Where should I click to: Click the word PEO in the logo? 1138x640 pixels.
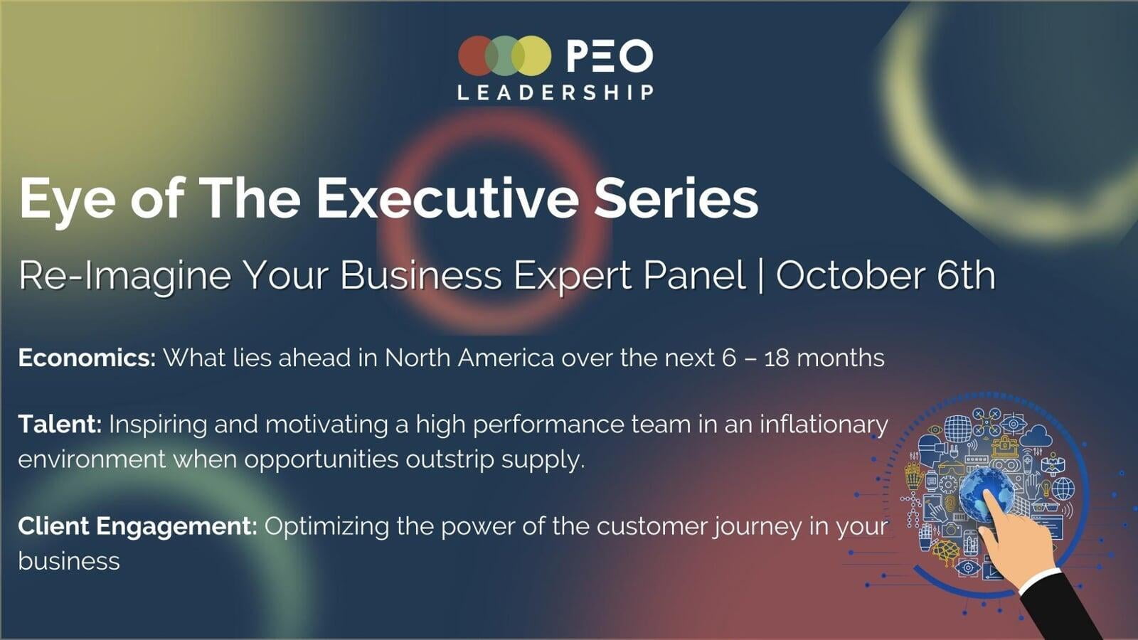coord(610,56)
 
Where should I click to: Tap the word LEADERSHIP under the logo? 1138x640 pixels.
coord(555,92)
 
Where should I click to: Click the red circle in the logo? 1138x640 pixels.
coord(475,55)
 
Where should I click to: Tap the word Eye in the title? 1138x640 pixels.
coord(67,199)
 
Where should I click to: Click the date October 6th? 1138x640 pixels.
coord(886,275)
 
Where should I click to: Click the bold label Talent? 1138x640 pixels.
coord(60,425)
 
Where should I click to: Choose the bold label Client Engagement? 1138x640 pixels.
coord(137,526)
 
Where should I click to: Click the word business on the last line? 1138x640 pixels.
coord(69,561)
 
